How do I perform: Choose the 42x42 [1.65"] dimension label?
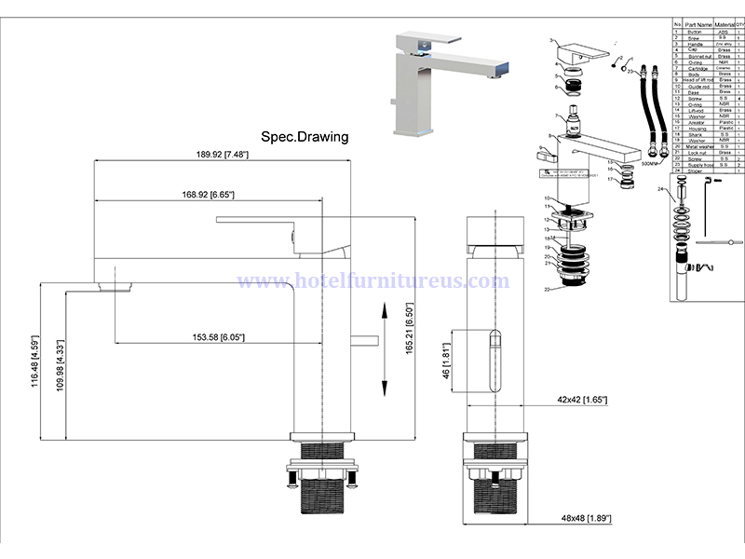[582, 400]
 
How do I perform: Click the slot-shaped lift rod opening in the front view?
[494, 363]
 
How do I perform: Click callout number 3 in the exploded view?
[551, 41]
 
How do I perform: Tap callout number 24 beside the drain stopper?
[660, 188]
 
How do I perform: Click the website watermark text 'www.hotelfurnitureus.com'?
[372, 280]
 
